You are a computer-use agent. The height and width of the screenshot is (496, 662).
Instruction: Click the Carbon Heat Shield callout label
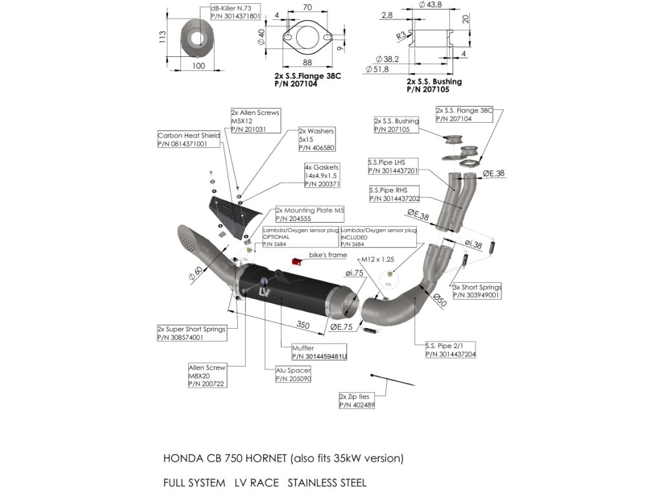point(189,140)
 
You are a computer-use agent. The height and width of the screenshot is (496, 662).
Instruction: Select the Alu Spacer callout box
point(293,375)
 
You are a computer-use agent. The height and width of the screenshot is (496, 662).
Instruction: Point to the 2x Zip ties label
point(357,400)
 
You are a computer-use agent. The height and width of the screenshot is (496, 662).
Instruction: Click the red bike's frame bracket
point(297,262)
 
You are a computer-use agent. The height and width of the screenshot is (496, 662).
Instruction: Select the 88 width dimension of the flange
point(306,62)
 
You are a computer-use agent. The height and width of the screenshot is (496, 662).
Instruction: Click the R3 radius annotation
point(402,36)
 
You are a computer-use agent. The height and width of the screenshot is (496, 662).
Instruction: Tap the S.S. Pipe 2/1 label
point(450,349)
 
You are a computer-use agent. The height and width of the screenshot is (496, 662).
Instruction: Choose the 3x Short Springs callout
point(477,291)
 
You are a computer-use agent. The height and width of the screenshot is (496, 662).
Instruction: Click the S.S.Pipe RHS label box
point(393,194)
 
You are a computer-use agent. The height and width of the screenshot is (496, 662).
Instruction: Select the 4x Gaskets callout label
point(322,176)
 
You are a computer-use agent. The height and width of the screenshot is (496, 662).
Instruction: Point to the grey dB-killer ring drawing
point(196,37)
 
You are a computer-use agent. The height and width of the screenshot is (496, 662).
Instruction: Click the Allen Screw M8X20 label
point(207,375)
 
